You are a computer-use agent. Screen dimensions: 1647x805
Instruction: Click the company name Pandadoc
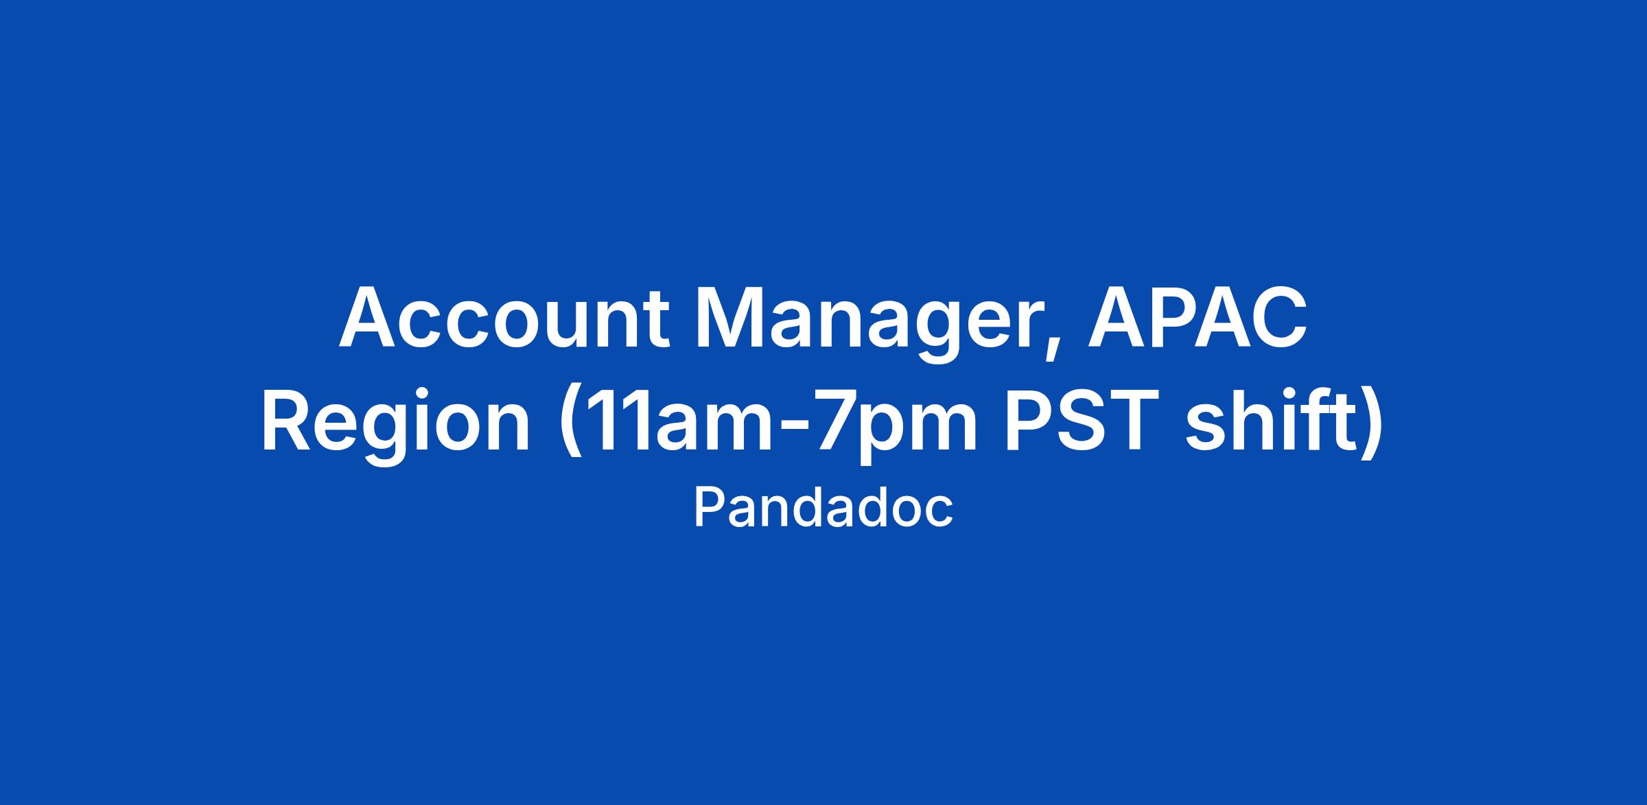click(x=823, y=508)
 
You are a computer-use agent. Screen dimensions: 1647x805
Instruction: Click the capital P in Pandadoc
click(x=709, y=509)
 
